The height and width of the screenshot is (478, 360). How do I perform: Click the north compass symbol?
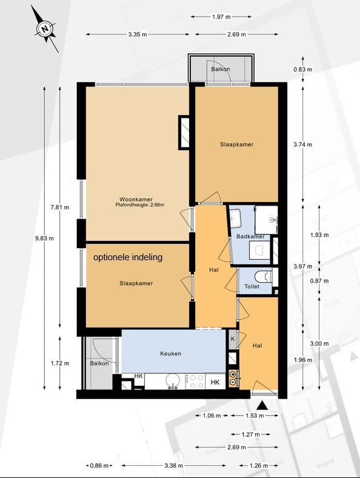[45, 29]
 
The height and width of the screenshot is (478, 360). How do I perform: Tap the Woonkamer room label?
[136, 200]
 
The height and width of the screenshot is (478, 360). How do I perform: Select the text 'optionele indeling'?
[128, 257]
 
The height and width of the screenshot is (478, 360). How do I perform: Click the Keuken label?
[170, 354]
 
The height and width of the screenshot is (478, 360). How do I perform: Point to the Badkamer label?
[250, 236]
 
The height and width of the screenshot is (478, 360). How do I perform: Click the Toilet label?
[252, 286]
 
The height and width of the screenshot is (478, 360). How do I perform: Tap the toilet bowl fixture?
[263, 277]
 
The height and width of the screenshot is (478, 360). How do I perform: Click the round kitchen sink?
[173, 381]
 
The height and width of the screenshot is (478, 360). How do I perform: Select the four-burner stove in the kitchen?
[195, 382]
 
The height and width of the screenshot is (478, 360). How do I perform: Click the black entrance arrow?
[262, 406]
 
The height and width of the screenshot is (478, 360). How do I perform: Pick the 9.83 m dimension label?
[44, 238]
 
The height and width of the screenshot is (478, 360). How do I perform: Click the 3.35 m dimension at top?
[138, 35]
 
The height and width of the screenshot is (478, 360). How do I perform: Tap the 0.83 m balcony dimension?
[303, 69]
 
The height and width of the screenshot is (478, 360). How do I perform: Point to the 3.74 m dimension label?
[303, 144]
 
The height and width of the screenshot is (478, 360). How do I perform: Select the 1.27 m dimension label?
[251, 434]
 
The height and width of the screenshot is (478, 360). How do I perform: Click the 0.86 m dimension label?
[99, 465]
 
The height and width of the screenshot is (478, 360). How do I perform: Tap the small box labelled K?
[233, 339]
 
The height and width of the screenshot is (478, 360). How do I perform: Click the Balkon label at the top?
[221, 69]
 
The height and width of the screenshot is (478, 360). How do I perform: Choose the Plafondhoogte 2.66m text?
[140, 205]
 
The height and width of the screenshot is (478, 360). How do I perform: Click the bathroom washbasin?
[235, 218]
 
